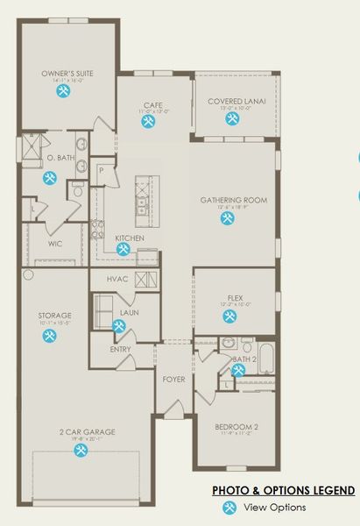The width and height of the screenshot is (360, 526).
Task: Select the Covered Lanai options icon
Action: point(236,123)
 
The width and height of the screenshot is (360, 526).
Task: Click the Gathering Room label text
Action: point(233,200)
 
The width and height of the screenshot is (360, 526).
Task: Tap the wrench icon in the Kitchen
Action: point(124,250)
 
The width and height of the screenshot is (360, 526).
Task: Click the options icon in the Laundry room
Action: point(119,325)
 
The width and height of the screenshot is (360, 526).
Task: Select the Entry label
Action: point(120,349)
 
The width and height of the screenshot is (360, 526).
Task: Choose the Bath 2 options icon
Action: point(237,371)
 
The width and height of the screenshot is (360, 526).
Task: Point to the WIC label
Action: point(54,244)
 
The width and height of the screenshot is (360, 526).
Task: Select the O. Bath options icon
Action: point(48,178)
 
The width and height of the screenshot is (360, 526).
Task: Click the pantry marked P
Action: point(102,169)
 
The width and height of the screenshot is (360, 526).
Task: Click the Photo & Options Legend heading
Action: point(284,490)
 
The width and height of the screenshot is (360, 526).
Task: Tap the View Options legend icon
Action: point(229,508)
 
